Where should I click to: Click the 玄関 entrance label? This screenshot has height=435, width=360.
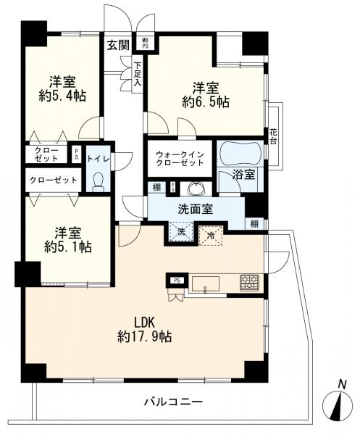[118, 45]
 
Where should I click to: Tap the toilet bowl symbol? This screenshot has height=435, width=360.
[99, 182]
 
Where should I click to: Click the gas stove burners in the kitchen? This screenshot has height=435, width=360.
[249, 283]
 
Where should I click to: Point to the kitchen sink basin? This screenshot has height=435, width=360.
[206, 283]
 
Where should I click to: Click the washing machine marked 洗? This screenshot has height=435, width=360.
[181, 232]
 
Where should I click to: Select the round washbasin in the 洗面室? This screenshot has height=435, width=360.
[196, 189]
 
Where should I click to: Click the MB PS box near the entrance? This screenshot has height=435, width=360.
[145, 43]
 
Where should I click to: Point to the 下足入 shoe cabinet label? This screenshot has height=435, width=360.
[138, 74]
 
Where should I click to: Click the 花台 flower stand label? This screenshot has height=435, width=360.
[273, 136]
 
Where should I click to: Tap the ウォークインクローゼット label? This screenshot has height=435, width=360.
[180, 158]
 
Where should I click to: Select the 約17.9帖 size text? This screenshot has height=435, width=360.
[144, 336]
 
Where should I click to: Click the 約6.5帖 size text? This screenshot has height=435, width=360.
[206, 102]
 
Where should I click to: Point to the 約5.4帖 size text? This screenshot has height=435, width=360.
[62, 96]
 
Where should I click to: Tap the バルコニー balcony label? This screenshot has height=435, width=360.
[174, 401]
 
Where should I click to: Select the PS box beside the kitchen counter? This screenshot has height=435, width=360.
[177, 280]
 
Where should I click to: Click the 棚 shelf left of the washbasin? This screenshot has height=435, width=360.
[156, 188]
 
